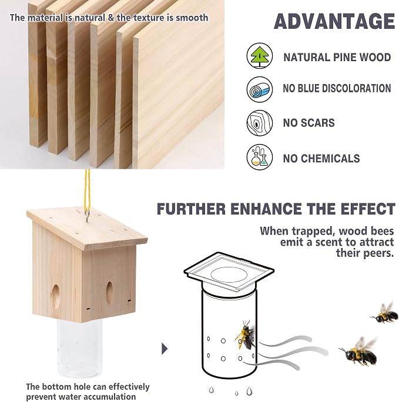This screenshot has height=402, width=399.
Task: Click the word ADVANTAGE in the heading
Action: pos(334,21)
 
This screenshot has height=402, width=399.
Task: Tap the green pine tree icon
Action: pos(259,56)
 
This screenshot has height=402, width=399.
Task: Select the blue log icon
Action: pos(259,89)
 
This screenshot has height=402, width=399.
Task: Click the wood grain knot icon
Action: pos(259,123)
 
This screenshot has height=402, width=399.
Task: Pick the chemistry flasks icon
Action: pos(259,157)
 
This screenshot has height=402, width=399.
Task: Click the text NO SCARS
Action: pos(309,123)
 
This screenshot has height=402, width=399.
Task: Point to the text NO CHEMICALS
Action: pos(321,159)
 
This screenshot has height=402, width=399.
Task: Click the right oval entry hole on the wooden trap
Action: pos(109,293)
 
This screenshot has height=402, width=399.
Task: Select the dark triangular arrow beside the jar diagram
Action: pos(165,349)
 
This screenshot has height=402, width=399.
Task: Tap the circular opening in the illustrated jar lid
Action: pos(229,275)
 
